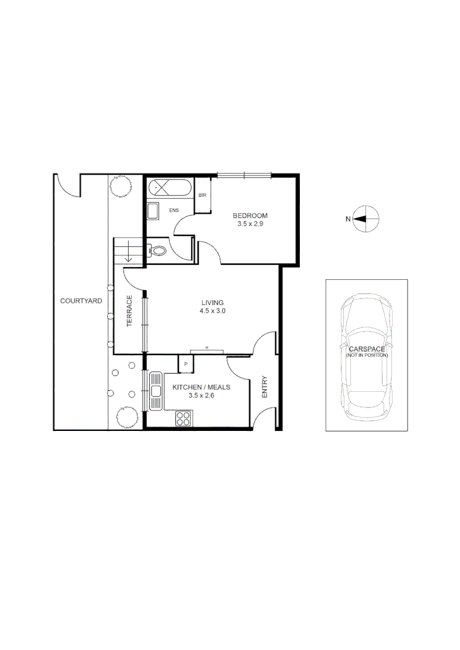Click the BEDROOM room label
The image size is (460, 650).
tap(250, 215)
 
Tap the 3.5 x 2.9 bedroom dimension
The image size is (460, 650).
tap(250, 223)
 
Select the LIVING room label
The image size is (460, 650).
tap(213, 303)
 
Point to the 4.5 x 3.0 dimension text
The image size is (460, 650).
tap(213, 311)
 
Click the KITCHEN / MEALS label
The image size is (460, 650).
tap(201, 388)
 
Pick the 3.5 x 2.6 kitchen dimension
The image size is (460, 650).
tap(201, 396)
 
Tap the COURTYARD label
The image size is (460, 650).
tap(81, 300)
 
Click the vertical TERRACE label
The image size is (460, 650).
tap(129, 311)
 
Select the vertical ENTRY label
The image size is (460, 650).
tap(264, 388)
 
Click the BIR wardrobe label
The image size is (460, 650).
tap(202, 196)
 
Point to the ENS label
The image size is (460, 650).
tap(174, 210)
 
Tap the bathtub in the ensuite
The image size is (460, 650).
tap(170, 188)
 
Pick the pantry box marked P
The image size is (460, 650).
tap(185, 364)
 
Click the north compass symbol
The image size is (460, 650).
tap(366, 219)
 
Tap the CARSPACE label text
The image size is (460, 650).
tap(367, 348)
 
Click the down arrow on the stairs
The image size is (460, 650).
tap(128, 255)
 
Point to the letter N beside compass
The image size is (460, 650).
tap(347, 219)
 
